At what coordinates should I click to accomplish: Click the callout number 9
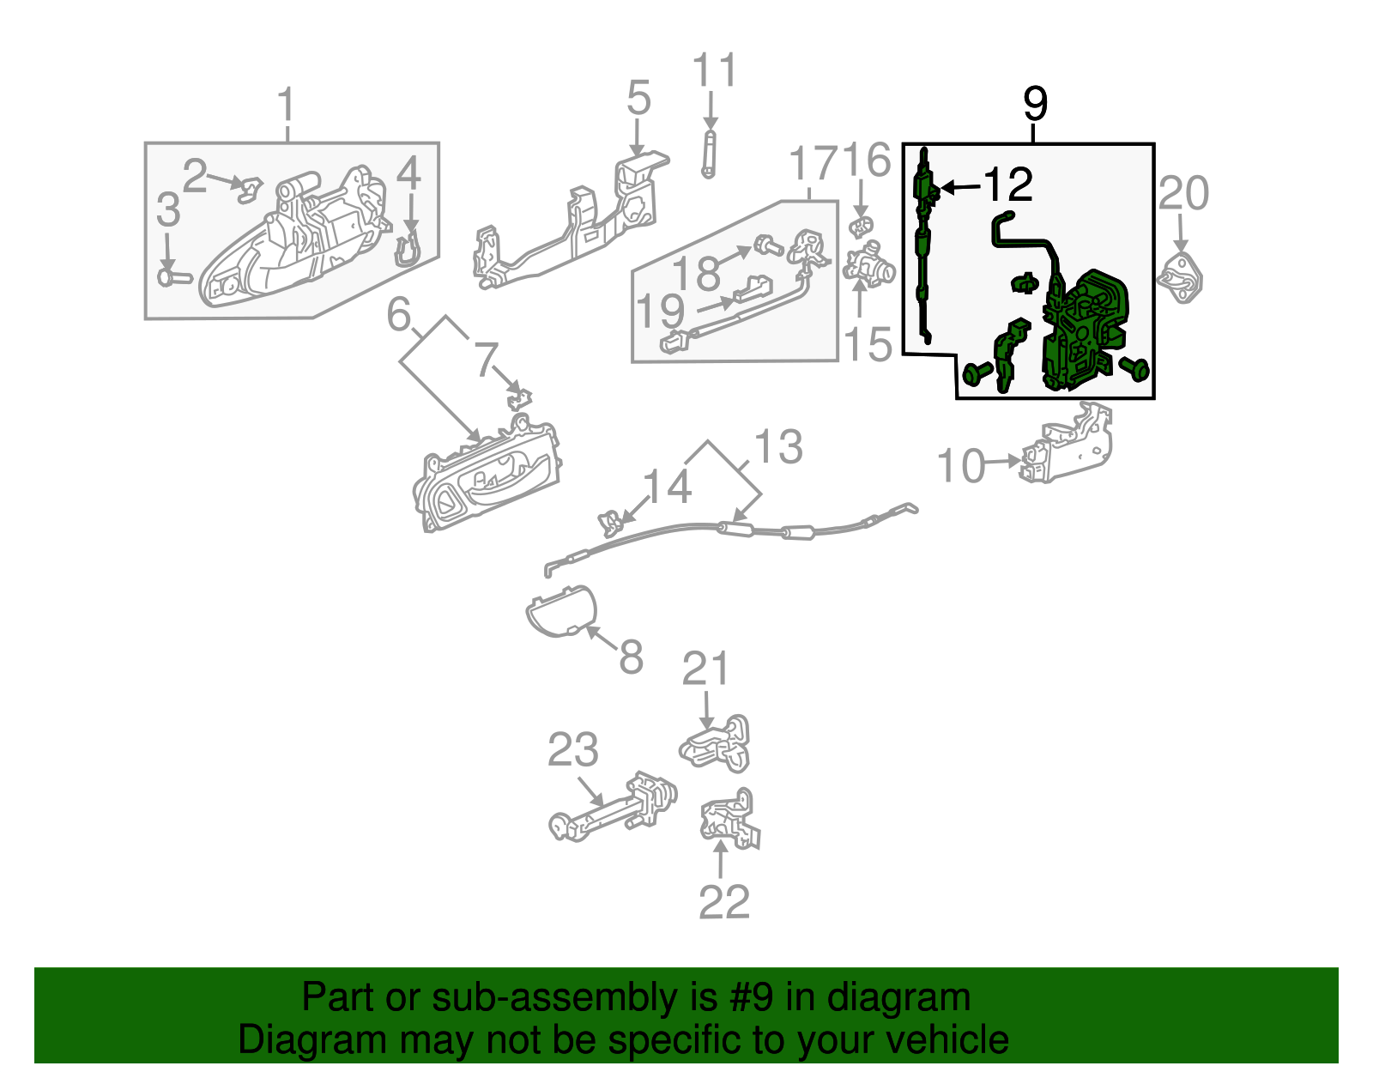point(1035,105)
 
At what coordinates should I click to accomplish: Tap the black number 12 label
point(1007,185)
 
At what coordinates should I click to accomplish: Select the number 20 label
point(1183,193)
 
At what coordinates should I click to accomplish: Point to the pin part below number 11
point(709,154)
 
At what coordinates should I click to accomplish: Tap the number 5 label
point(638,100)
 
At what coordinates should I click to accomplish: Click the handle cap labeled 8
point(561,611)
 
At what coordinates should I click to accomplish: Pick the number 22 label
point(724,901)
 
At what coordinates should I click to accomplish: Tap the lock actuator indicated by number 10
point(1066,449)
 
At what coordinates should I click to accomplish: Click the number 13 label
point(777,447)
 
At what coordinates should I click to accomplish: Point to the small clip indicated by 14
point(610,521)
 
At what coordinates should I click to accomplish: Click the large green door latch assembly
point(1083,331)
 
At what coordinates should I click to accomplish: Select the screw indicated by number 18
point(766,247)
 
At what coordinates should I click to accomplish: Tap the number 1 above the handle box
point(287,105)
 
